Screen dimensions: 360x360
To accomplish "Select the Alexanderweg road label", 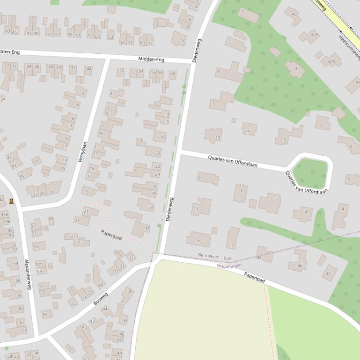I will (x=27, y=274).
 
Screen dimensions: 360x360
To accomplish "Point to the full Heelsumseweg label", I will (x=349, y=43).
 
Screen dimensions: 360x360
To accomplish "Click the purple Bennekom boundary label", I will (x=208, y=256).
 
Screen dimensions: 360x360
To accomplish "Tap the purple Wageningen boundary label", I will (x=229, y=266).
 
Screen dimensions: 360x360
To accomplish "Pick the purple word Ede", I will (x=228, y=258).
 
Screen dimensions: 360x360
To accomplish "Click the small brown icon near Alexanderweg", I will (x=11, y=202).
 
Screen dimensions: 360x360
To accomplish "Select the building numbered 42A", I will (x=315, y=35).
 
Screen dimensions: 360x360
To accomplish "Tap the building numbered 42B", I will (x=331, y=61).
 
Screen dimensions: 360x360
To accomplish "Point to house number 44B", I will (x=6, y=221).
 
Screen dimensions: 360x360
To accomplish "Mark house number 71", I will (x=150, y=43).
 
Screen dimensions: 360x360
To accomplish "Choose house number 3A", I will (x=2, y=99).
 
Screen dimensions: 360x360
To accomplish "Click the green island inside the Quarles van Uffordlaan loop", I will (x=310, y=173).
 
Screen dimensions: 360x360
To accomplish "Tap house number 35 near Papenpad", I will (x=131, y=258).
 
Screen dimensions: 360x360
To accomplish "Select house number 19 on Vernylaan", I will (x=85, y=191).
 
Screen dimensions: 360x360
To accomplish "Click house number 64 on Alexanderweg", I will (x=24, y=330).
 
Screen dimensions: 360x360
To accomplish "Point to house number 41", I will (x=9, y=158).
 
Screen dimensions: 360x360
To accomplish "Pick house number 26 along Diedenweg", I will (x=155, y=187).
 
